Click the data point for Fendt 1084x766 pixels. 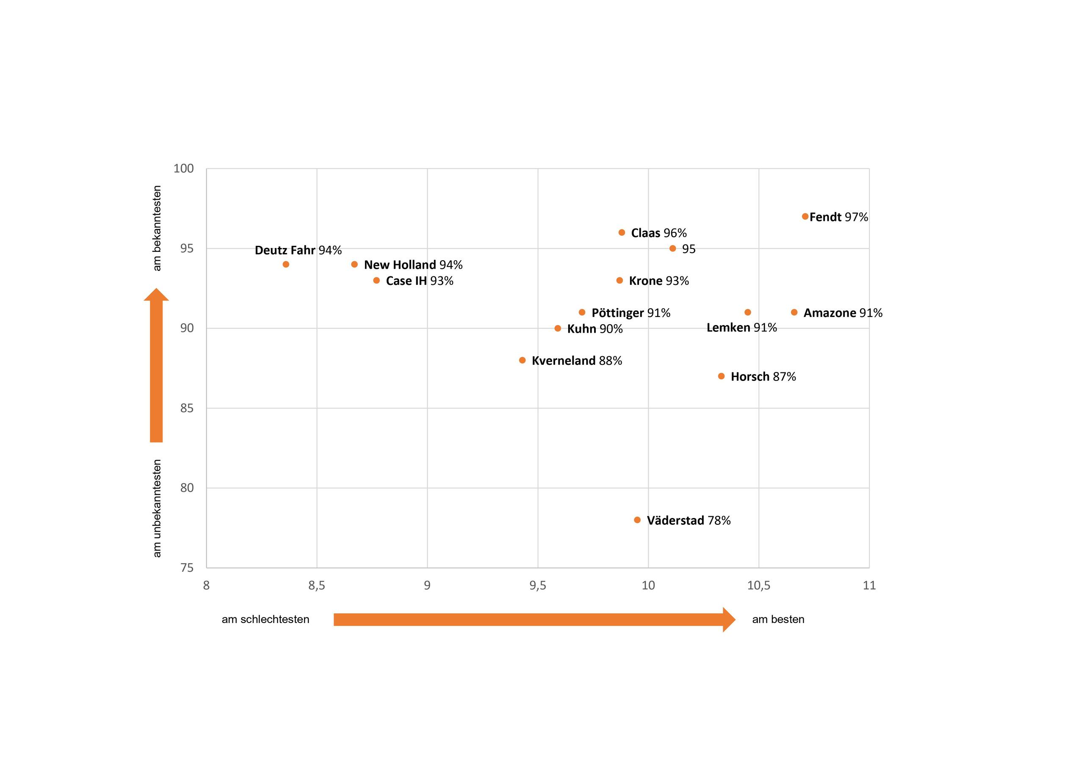coord(805,217)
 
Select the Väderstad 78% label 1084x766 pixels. coord(689,520)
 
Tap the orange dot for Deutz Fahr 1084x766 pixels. coord(286,265)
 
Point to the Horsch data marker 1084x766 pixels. coord(721,376)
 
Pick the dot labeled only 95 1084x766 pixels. coord(673,248)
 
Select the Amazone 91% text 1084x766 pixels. coord(843,312)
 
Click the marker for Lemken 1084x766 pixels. coord(747,312)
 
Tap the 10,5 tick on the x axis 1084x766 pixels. coord(758,585)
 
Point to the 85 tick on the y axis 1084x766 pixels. coord(187,408)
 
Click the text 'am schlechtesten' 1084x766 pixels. coord(265,619)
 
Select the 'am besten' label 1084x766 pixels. coord(778,619)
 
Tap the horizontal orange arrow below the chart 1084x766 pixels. coord(534,619)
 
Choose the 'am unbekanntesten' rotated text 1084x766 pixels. coord(157,508)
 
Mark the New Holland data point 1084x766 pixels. coord(354,265)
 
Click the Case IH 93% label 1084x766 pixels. coord(419,281)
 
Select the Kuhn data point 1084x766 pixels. coord(558,328)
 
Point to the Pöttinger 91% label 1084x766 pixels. coord(631,312)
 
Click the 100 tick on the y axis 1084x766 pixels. coord(184,168)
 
